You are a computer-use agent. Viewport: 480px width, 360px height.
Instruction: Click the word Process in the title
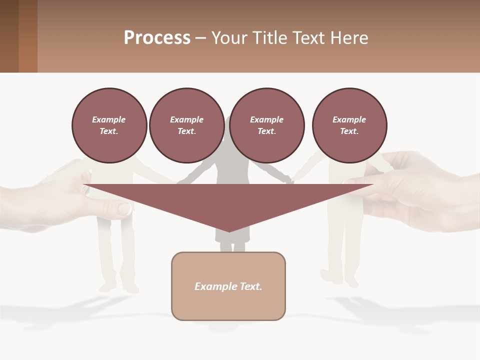(157, 38)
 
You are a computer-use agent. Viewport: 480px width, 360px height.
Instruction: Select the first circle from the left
(109, 125)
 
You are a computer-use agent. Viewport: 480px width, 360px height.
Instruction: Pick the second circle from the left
(186, 125)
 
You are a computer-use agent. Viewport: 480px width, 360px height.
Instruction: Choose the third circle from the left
(266, 125)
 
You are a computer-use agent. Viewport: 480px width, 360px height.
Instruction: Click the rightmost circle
(349, 125)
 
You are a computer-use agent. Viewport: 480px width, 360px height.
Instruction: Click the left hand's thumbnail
(124, 208)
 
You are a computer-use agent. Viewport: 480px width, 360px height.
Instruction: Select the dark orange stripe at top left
(28, 36)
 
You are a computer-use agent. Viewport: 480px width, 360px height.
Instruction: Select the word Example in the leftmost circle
(109, 119)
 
